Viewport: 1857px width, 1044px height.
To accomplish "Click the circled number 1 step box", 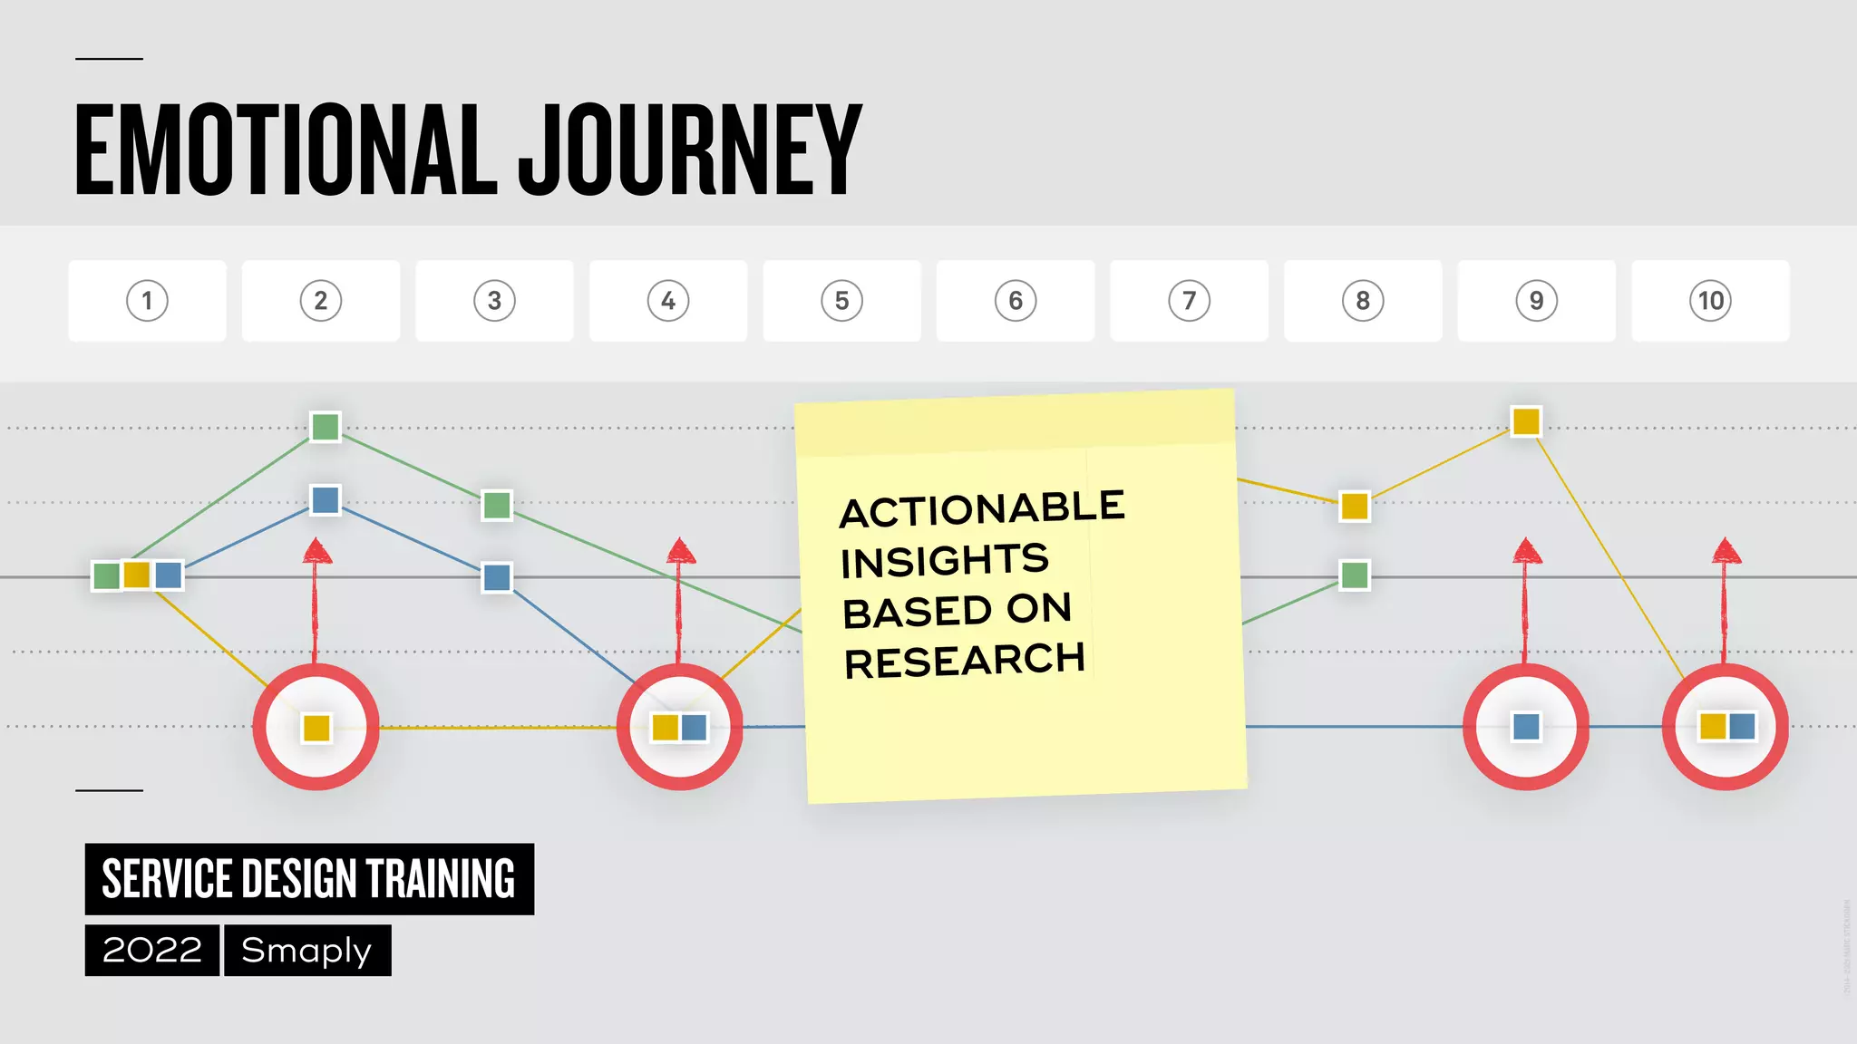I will [x=147, y=301].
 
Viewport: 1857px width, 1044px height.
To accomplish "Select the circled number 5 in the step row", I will [x=841, y=301].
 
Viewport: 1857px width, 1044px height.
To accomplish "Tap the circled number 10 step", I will [x=1710, y=301].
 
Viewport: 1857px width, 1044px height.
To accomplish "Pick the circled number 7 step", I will [x=1189, y=301].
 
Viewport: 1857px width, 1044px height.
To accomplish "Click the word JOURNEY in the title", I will [x=689, y=150].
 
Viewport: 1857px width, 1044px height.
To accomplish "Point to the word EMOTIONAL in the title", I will [x=286, y=150].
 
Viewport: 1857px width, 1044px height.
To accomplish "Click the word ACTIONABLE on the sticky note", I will [x=982, y=509].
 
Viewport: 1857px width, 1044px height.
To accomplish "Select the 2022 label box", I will [x=152, y=950].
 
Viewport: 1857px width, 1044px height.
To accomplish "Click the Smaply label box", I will [x=307, y=950].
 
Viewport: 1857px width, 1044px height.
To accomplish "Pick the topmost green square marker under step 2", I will [x=326, y=426].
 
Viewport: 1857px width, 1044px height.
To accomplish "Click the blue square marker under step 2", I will [x=326, y=499].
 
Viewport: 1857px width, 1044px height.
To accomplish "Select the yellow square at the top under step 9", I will [x=1526, y=421].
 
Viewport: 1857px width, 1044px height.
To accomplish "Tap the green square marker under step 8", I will [x=1355, y=575].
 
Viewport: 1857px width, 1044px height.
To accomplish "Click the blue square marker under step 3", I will [x=497, y=577].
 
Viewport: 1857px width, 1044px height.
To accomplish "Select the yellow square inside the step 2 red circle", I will [x=316, y=728].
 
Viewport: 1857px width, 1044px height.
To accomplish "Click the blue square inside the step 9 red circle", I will [x=1526, y=727].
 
